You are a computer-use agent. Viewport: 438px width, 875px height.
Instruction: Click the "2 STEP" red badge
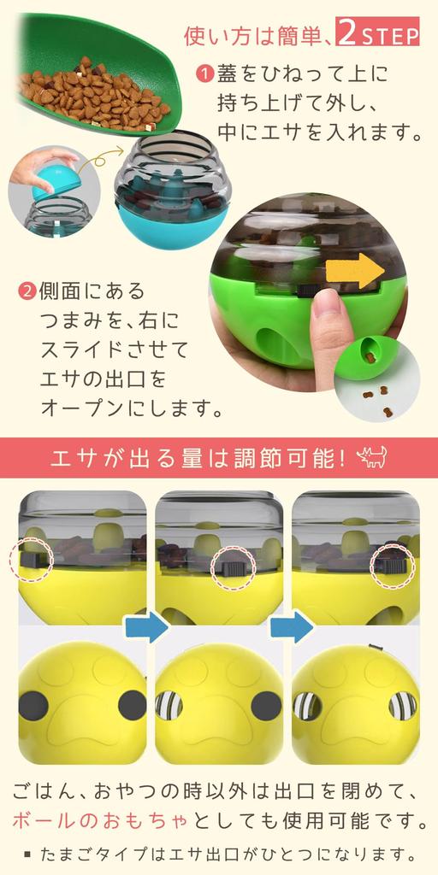(x=377, y=35)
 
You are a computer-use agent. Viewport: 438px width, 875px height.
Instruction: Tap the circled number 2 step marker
(x=27, y=291)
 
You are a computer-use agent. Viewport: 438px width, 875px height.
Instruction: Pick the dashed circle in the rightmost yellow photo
(x=393, y=564)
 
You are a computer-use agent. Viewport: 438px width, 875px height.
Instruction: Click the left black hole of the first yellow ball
(x=33, y=705)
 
